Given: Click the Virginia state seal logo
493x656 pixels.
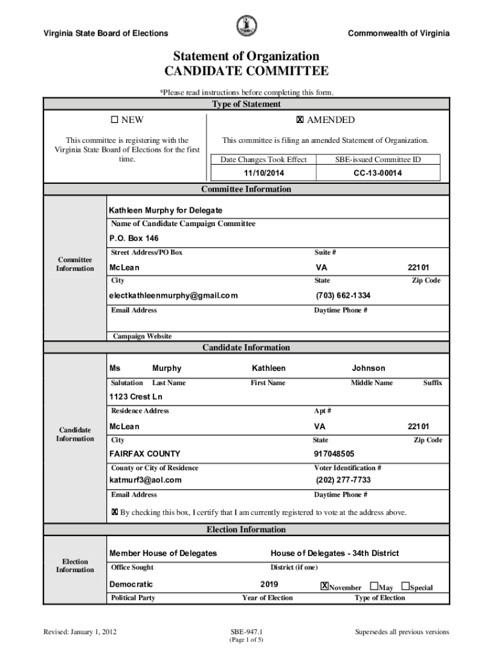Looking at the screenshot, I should [247, 26].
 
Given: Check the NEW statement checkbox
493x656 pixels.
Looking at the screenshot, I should [115, 120].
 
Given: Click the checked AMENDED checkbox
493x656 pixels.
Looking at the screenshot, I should [300, 120].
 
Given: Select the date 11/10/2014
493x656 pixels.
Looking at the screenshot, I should [263, 173].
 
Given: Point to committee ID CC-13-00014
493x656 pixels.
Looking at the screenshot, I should [378, 173].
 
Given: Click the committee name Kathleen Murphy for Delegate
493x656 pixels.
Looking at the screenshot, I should [166, 210].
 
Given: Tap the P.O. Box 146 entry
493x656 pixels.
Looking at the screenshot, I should [134, 238].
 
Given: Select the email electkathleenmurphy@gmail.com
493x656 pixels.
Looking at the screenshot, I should [174, 295].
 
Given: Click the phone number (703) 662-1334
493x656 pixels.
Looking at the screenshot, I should [343, 295].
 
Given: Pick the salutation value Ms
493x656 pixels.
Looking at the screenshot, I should [115, 368].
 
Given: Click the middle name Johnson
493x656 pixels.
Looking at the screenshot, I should [368, 368].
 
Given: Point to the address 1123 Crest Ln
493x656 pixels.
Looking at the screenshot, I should [136, 397].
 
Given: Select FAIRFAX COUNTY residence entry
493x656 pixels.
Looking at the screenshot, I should [145, 454].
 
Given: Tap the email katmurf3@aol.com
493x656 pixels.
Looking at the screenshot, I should [146, 480].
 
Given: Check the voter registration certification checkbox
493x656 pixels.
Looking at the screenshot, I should [115, 512].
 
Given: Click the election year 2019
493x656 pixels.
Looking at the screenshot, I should [270, 584].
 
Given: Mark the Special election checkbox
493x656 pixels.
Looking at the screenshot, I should [405, 586].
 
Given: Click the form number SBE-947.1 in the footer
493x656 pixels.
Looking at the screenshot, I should [247, 632].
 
